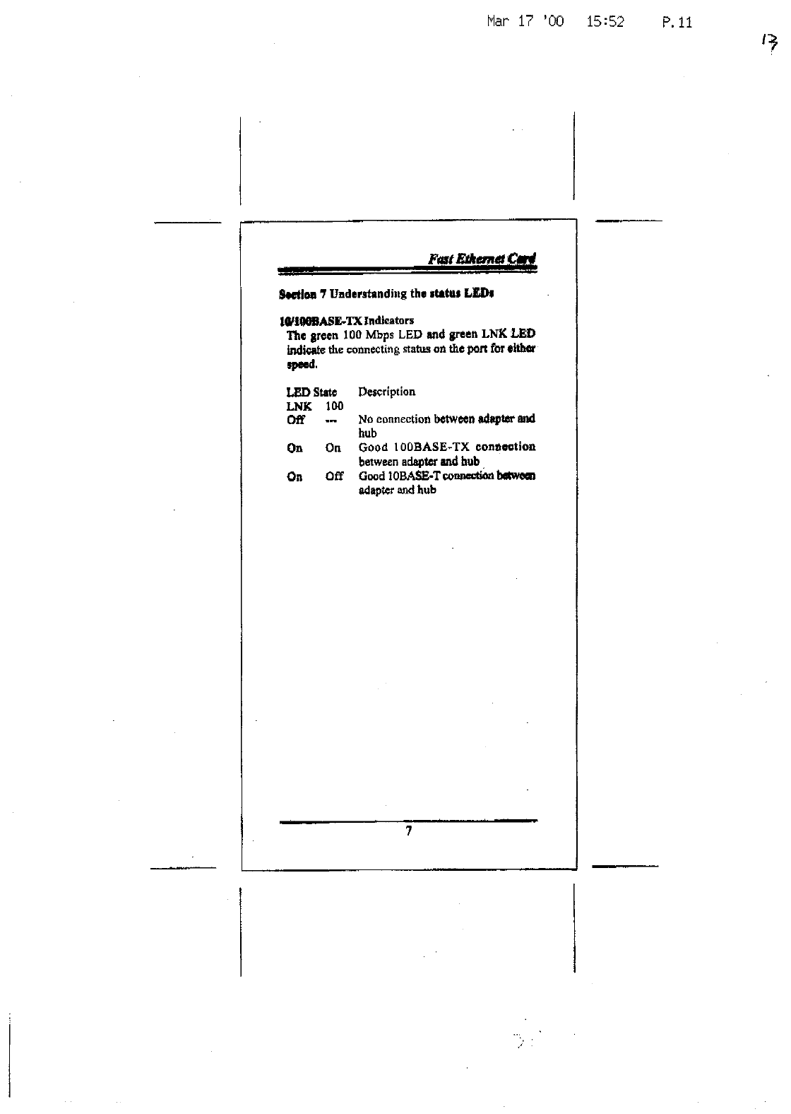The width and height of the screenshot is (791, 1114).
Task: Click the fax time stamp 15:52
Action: point(605,22)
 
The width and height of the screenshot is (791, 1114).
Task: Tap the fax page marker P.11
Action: point(677,23)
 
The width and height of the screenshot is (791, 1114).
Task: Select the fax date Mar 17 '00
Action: point(525,22)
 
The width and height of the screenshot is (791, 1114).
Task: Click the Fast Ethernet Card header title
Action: point(482,259)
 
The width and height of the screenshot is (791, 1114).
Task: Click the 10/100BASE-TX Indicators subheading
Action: point(346,320)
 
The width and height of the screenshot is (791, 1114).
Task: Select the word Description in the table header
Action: point(386,392)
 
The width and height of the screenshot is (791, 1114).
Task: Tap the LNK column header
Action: point(299,406)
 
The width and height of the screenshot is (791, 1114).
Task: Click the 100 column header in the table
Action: point(334,406)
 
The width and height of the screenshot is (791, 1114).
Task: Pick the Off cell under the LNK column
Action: point(295,420)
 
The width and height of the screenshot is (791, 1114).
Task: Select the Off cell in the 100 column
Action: point(334,476)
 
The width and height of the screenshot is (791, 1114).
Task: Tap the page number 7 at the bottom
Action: point(408,831)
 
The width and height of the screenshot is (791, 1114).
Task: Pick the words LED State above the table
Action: point(311,392)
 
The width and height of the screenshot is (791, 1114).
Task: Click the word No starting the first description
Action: point(366,420)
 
